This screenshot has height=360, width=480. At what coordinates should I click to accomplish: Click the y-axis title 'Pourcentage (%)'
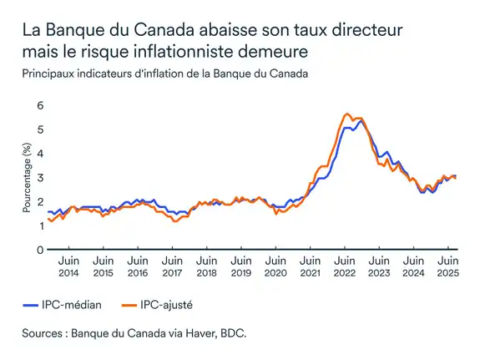28,178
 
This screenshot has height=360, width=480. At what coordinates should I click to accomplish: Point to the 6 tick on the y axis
39,106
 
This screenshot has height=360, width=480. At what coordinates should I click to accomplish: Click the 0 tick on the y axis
39,250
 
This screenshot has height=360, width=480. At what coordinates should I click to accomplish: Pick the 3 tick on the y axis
39,178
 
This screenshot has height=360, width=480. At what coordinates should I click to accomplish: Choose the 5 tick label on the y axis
39,130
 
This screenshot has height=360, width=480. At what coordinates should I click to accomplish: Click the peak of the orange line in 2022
346,114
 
